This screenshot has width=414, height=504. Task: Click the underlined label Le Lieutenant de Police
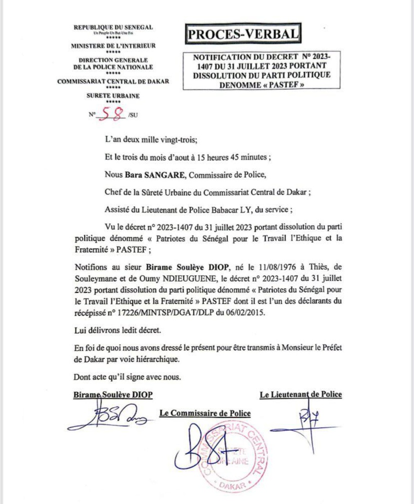[x=300, y=394]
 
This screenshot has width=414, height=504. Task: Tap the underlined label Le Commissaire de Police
[x=205, y=413]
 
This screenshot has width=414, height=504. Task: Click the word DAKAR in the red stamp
[x=234, y=486]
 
